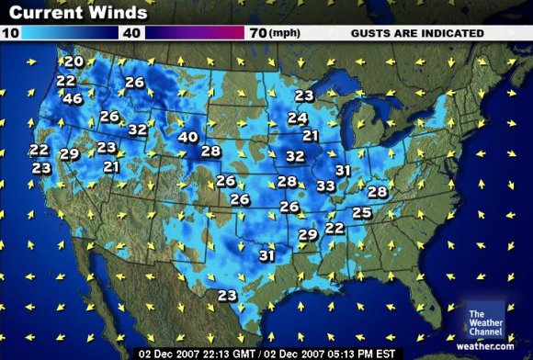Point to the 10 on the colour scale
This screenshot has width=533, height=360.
coord(11,33)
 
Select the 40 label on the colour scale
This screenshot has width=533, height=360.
coord(132,33)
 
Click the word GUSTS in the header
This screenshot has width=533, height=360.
coord(372,33)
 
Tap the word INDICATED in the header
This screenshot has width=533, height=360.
coord(451,33)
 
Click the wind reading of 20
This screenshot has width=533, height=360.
coord(74,62)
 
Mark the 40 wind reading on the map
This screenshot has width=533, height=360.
coord(187,137)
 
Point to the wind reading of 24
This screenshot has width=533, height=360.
coord(297,118)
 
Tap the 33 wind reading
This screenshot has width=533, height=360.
coord(324,186)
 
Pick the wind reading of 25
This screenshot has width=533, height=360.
coord(361,213)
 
